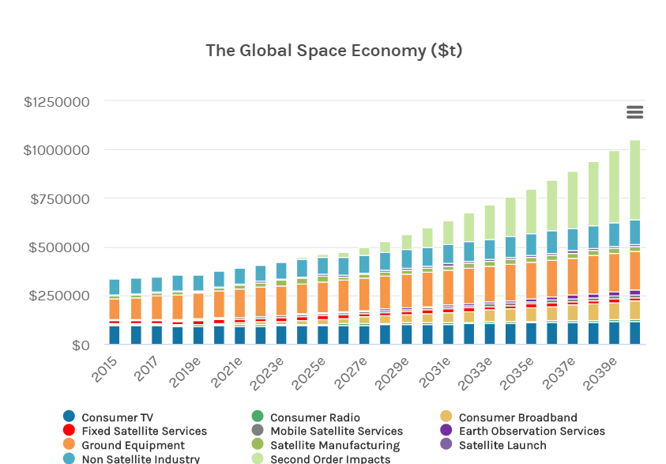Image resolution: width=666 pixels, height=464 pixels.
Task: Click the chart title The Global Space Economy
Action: pos(333,51)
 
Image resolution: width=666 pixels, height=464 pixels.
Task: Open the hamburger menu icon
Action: pos(634,112)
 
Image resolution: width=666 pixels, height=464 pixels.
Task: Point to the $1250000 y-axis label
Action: pos(57,102)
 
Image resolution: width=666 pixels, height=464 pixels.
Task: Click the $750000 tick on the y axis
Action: pos(60,198)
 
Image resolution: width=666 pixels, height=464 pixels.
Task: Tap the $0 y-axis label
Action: pos(81,345)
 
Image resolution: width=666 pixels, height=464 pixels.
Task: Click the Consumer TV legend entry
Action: pos(117,417)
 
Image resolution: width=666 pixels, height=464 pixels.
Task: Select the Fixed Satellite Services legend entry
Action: pos(144,432)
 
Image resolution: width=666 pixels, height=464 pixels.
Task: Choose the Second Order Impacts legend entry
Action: pos(330,459)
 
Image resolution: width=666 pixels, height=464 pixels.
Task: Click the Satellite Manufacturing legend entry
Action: pos(334,446)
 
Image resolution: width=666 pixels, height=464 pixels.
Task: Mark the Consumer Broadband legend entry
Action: pos(517,417)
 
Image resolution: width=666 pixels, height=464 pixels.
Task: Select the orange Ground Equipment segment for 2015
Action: pos(115,309)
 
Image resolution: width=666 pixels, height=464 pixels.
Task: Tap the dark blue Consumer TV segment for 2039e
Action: pos(614,333)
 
